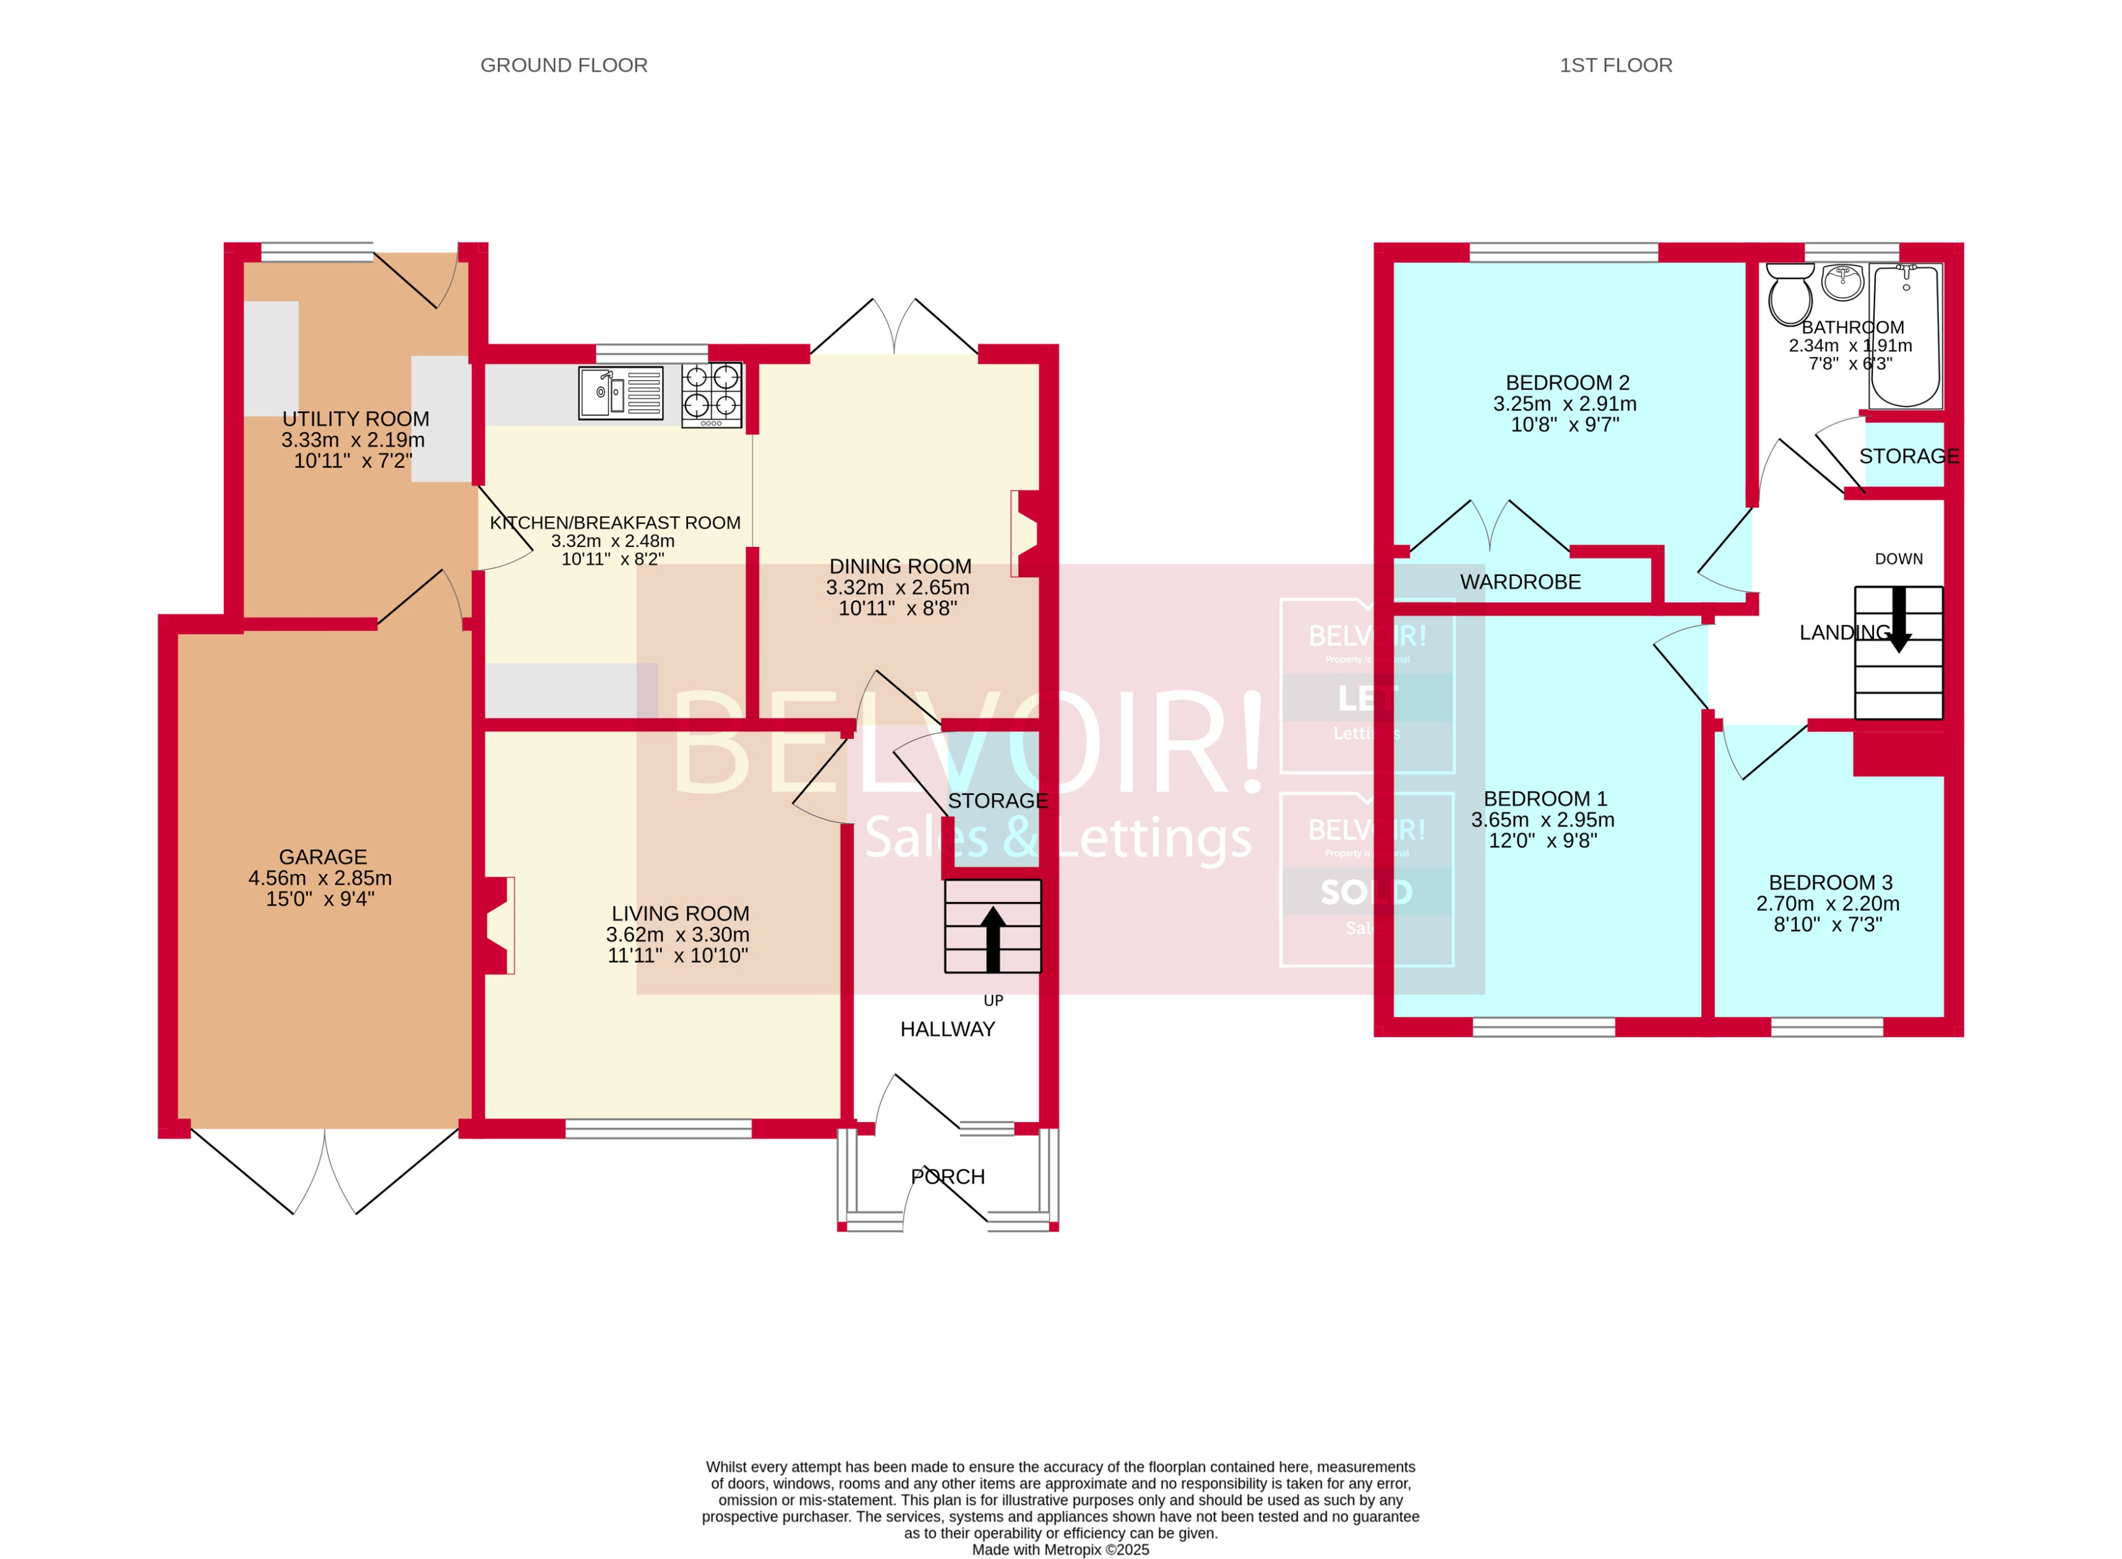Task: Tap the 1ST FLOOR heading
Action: pyautogui.click(x=1615, y=65)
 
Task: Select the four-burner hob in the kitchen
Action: pyautogui.click(x=711, y=395)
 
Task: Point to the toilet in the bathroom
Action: pyautogui.click(x=1789, y=294)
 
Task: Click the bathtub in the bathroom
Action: pyautogui.click(x=1905, y=336)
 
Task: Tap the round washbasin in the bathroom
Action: pyautogui.click(x=1842, y=281)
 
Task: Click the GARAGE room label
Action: pyautogui.click(x=323, y=857)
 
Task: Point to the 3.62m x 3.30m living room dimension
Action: pyautogui.click(x=677, y=934)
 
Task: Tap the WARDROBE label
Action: pyautogui.click(x=1520, y=582)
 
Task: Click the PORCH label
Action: pyautogui.click(x=947, y=1177)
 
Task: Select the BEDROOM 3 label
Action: pyautogui.click(x=1829, y=882)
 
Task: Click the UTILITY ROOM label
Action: pyautogui.click(x=356, y=419)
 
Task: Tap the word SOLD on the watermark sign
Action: pyautogui.click(x=1365, y=892)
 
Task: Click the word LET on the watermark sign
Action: pyautogui.click(x=1365, y=698)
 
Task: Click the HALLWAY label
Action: pyautogui.click(x=947, y=1029)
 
